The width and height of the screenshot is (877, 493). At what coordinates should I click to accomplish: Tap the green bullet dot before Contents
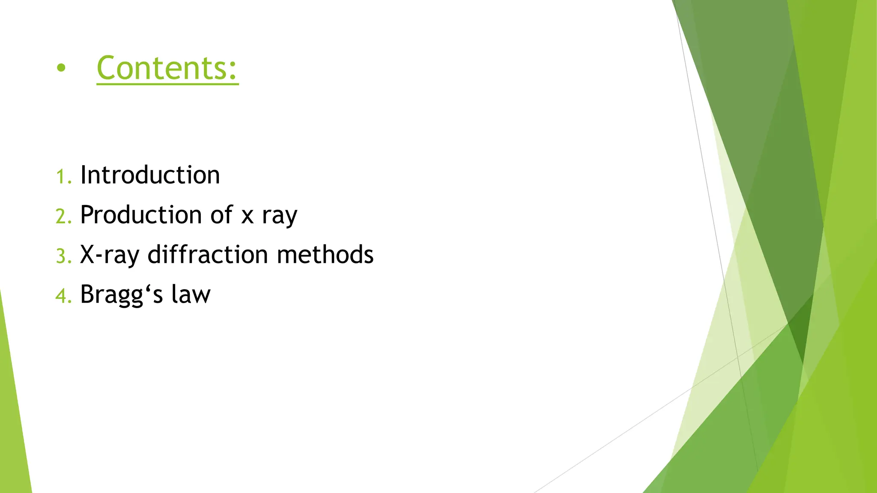(61, 68)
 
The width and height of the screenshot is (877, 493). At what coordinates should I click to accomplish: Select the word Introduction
(150, 175)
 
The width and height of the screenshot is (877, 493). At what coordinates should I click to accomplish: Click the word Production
(141, 215)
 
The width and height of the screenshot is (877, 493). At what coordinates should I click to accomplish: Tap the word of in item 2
(221, 215)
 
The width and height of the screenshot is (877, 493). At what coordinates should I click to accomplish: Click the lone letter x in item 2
(247, 217)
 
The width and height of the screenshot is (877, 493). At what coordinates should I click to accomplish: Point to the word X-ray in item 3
(110, 255)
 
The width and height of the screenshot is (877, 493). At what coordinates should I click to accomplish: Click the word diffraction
(208, 255)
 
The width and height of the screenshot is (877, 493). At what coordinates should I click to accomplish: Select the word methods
(325, 255)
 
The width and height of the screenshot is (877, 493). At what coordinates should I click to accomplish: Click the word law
(191, 294)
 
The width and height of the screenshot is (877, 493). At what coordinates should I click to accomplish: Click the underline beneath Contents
(167, 84)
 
